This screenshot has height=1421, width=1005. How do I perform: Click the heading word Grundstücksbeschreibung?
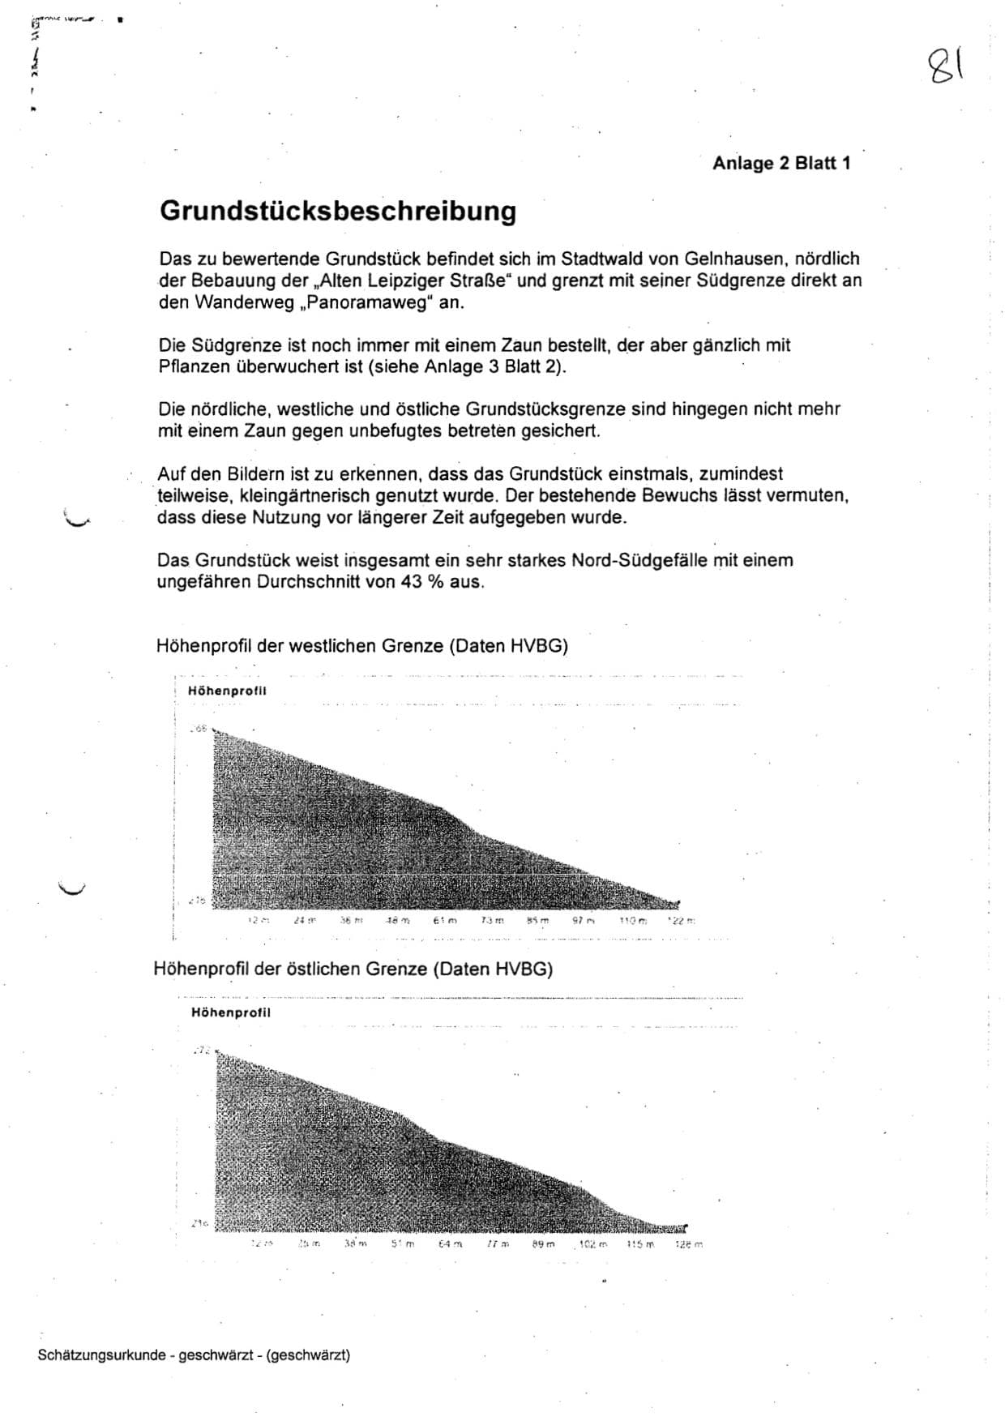tap(338, 211)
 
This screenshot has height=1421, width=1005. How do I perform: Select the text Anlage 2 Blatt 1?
tap(781, 163)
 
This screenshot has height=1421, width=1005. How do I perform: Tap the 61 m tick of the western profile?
tap(445, 921)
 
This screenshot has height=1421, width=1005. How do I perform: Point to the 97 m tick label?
tap(584, 921)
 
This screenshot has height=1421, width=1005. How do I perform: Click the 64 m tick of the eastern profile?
tap(451, 1243)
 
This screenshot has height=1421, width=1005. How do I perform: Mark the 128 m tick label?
tap(689, 1243)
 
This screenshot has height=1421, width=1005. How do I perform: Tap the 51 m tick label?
tap(403, 1243)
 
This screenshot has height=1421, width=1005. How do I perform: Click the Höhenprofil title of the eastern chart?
tap(231, 1012)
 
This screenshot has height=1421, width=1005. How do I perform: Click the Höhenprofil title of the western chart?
tap(227, 691)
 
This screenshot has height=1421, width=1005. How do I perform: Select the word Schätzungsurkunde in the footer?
tap(101, 1355)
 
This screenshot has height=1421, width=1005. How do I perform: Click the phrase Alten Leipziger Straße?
tap(417, 281)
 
